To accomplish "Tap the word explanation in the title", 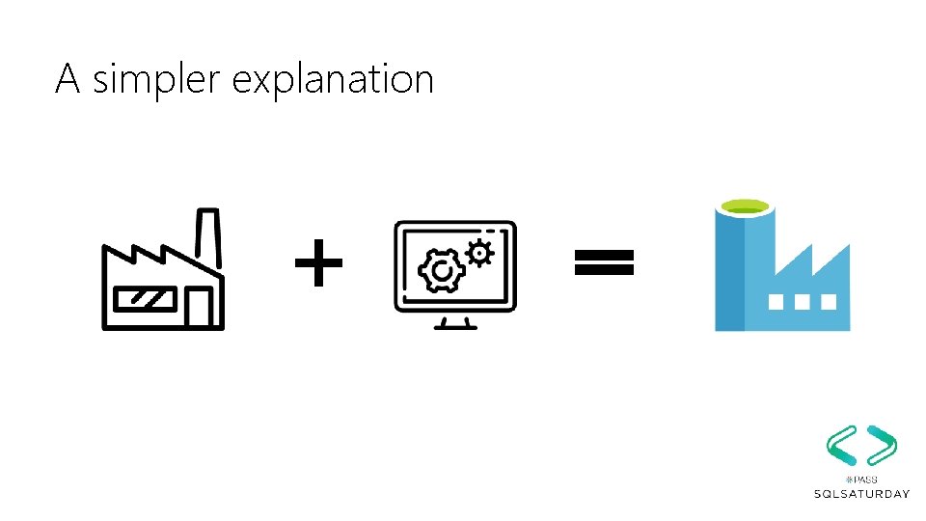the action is click(333, 79).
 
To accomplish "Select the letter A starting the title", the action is click(66, 78).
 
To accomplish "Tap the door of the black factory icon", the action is click(200, 308).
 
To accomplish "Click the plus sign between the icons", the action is click(318, 264).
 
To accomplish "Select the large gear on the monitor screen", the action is click(442, 272).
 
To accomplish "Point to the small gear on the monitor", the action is click(479, 253).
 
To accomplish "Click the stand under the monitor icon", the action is click(454, 321).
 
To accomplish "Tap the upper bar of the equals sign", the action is click(605, 255).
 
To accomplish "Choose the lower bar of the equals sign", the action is click(605, 270).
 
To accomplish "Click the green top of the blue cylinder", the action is click(744, 206).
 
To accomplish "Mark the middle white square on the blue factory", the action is click(801, 301).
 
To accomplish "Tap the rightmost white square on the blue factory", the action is click(827, 301).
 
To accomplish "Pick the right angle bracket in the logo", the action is click(881, 445).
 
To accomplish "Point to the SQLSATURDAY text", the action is click(861, 494).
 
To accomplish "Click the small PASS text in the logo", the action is click(860, 479).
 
